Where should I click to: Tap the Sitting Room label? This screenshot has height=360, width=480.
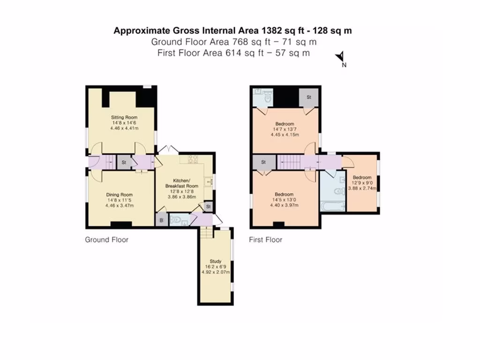pos(124,117)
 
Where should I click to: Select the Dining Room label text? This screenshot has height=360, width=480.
pos(119,195)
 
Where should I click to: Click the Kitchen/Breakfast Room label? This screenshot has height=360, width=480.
pos(181,183)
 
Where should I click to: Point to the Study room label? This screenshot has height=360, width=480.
pos(215,261)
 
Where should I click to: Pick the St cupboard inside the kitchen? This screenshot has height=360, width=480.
pos(208,206)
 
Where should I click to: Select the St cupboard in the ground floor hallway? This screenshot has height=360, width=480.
pos(124,163)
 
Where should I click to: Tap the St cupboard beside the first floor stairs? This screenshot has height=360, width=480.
pos(263,162)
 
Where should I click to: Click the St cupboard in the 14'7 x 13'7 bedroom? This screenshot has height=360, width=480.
pos(309,97)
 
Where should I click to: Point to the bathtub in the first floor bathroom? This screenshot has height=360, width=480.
pos(332,205)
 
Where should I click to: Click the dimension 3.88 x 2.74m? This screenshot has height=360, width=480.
pos(362,188)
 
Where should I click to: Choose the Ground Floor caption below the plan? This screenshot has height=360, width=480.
pos(106,240)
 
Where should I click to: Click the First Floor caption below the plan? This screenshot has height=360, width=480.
pos(265,240)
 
